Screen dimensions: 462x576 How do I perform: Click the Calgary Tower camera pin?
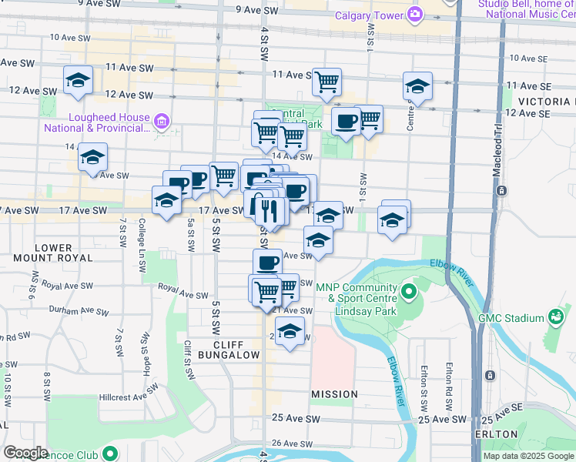point(415,14)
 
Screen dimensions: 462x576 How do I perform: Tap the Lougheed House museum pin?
point(162,120)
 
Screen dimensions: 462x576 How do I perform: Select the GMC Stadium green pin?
point(554,317)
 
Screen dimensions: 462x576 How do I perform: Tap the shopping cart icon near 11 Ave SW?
point(327,81)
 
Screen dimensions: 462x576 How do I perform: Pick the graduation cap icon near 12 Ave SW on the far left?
point(78,81)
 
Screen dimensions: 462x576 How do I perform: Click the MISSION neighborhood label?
point(334,394)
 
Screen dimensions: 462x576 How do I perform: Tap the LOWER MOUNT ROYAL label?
point(53,253)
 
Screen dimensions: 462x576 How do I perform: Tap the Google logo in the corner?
point(25,453)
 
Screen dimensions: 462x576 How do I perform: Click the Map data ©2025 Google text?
point(528,456)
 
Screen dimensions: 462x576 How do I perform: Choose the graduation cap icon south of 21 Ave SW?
point(289,332)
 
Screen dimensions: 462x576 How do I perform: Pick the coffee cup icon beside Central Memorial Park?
point(345,121)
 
